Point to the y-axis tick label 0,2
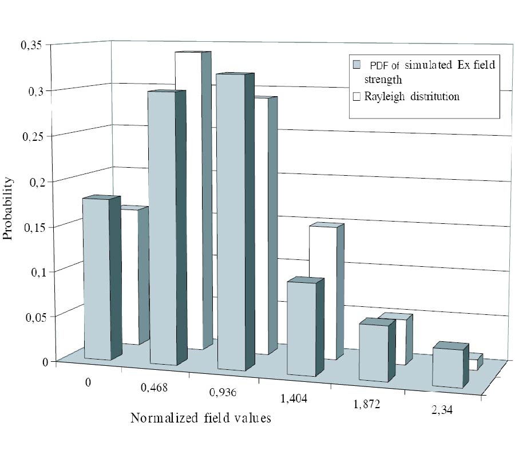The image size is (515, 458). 34,181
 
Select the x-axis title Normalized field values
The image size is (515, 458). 200,418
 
